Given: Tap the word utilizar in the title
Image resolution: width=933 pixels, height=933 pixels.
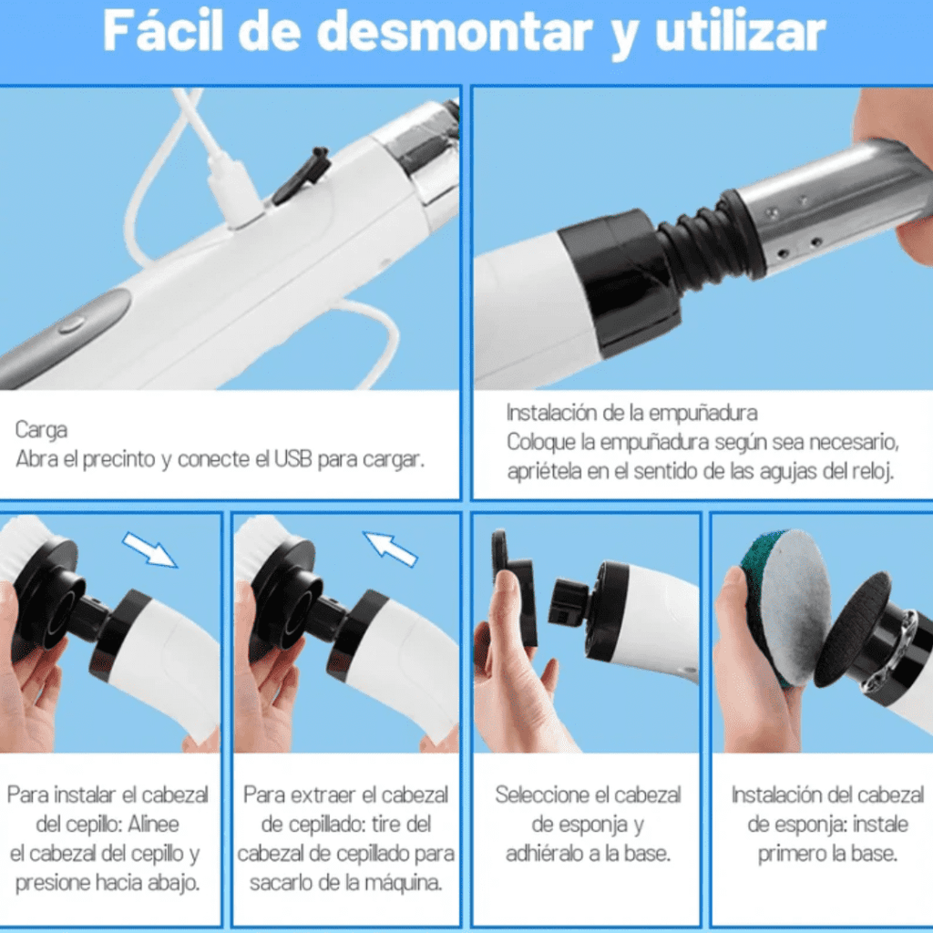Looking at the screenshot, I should point(740,33).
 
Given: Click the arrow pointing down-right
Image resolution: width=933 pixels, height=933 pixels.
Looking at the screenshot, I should point(150,550).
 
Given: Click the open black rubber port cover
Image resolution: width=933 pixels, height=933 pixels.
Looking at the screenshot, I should point(302,176).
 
